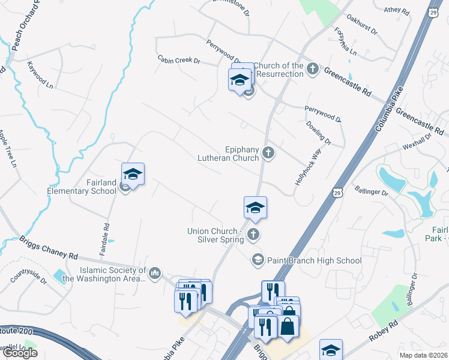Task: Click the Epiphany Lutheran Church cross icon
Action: click(x=268, y=154)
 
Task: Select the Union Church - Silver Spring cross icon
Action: click(x=254, y=235)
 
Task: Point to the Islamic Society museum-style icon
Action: click(x=155, y=274)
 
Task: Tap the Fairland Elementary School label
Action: click(x=82, y=191)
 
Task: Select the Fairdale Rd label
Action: click(x=106, y=236)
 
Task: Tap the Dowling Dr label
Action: click(x=319, y=133)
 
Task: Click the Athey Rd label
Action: click(x=396, y=11)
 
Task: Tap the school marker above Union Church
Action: click(x=255, y=208)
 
